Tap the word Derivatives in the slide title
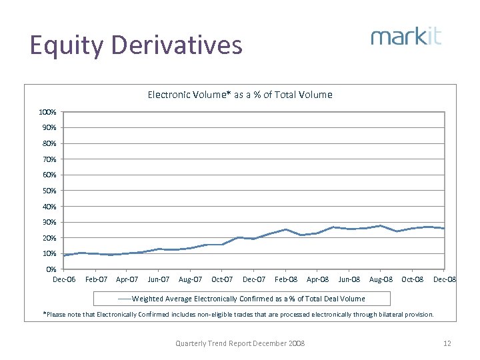[x=177, y=45]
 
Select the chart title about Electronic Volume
[x=239, y=95]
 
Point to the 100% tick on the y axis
[x=47, y=112]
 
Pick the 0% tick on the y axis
[x=51, y=269]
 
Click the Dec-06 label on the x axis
[x=64, y=279]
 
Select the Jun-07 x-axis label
[x=159, y=279]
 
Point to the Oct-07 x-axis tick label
[x=222, y=279]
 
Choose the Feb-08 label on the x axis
[x=285, y=279]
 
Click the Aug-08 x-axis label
[x=381, y=279]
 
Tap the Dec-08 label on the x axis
[x=444, y=279]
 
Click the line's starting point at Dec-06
[x=65, y=255]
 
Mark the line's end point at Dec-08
[x=444, y=228]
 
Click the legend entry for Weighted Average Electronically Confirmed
[x=239, y=298]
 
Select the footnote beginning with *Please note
[x=238, y=314]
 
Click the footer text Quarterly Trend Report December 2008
[x=240, y=343]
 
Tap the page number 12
[x=447, y=343]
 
